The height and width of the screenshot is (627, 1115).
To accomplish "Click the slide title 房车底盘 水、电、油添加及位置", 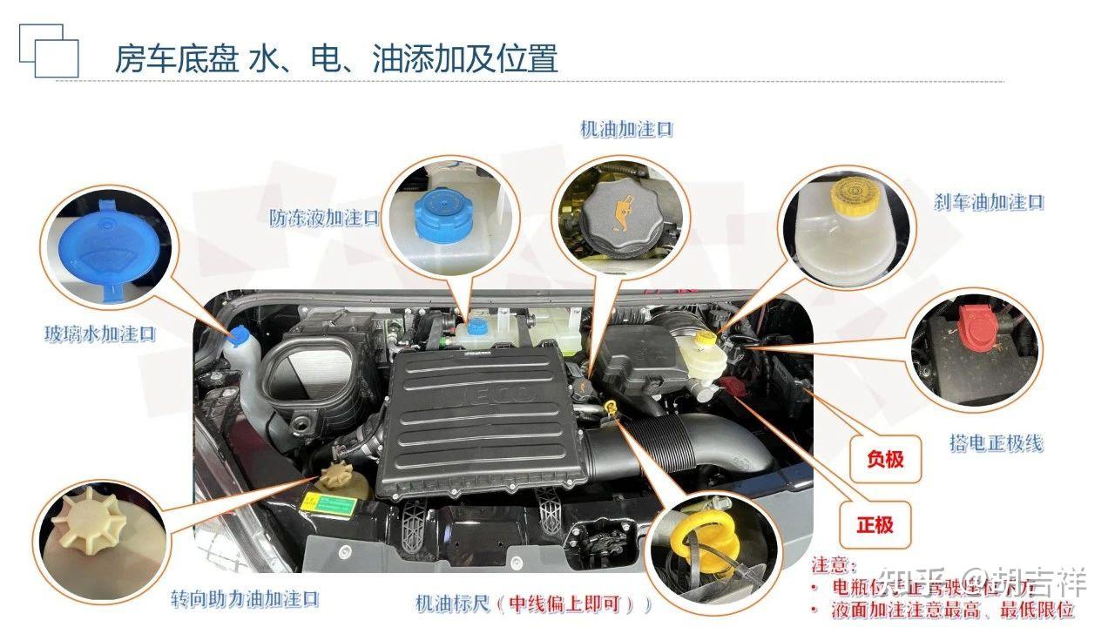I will (335, 58).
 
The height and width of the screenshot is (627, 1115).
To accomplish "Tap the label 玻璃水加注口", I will (99, 334).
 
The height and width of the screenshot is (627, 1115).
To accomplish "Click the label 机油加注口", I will (626, 130).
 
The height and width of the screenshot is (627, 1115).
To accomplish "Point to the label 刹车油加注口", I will (989, 202).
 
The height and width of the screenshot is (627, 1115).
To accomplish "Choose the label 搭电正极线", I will (996, 443).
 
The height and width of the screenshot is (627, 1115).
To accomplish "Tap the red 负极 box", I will (885, 458).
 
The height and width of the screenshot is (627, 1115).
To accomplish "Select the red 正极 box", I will (875, 524).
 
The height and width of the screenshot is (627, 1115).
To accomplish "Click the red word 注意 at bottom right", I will (834, 566).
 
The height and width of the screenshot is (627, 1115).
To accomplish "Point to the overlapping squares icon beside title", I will (49, 51).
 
